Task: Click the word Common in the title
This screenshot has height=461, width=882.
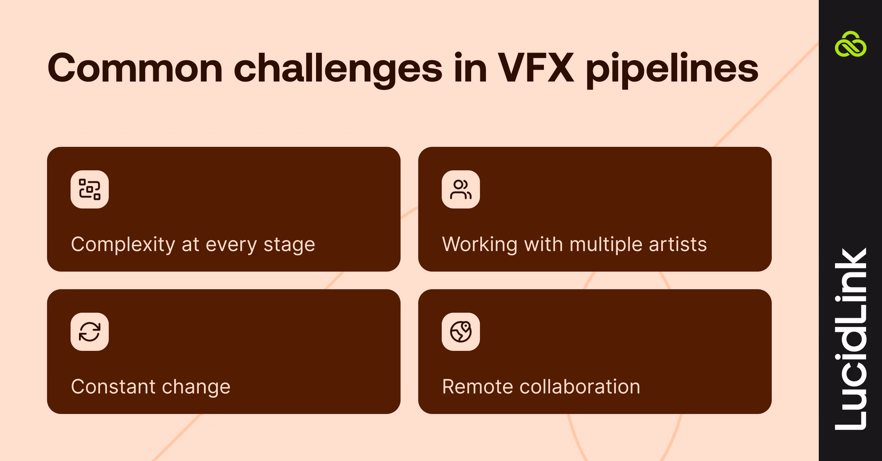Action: [135, 69]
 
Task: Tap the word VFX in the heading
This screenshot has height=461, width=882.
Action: [536, 69]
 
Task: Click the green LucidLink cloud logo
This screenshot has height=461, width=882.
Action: [850, 45]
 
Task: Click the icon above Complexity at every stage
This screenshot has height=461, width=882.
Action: [90, 189]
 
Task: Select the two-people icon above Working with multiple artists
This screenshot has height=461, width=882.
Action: [461, 189]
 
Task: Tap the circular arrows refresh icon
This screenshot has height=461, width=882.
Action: [90, 332]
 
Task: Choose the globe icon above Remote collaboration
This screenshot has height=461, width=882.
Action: [461, 332]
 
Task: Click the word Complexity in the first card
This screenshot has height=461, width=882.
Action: [123, 244]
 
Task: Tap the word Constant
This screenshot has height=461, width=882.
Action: [113, 387]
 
